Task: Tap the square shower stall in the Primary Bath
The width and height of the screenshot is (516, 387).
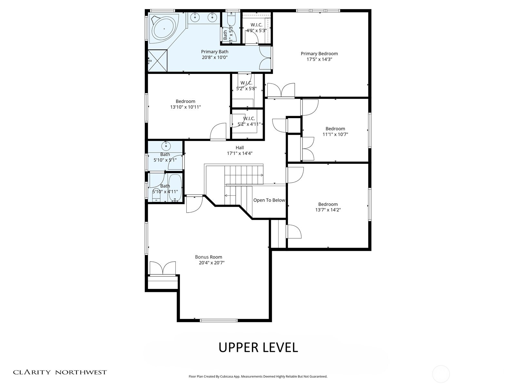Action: coord(158,61)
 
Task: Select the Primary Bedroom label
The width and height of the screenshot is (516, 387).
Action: coord(319,54)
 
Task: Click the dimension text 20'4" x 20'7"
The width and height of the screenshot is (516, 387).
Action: coord(212,263)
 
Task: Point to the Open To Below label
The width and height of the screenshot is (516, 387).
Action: coord(269,200)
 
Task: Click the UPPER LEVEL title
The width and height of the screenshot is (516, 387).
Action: coord(258,347)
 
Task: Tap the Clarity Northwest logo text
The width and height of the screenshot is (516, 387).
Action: coord(60,372)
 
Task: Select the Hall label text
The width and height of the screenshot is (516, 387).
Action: coord(240,148)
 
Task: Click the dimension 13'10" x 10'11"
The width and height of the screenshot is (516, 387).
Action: coord(185,107)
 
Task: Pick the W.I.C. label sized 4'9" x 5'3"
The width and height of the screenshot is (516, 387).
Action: coord(256,25)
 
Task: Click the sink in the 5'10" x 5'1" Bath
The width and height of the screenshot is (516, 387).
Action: coord(166,146)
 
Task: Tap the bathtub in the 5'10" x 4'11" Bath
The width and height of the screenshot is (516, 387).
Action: coord(175,188)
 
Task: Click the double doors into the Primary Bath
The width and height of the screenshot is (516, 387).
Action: coord(265,58)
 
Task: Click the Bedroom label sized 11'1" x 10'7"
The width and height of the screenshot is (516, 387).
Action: coord(335,129)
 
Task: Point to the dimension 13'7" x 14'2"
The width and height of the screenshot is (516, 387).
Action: coord(328,210)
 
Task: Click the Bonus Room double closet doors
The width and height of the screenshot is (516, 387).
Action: coord(163,268)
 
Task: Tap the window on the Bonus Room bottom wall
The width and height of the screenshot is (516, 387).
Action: coord(219,320)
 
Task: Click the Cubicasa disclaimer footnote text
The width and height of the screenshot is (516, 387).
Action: coord(258,376)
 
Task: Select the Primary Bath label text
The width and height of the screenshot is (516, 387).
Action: coord(214,52)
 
